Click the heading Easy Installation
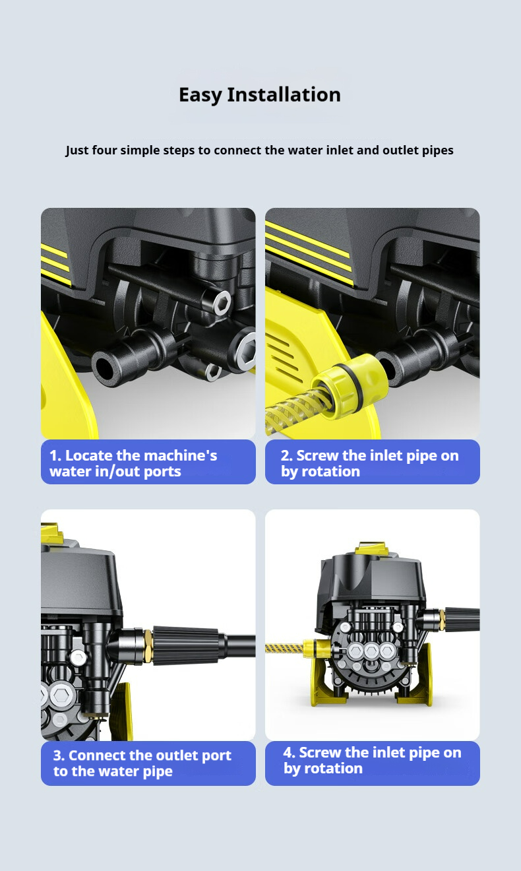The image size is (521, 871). click(260, 95)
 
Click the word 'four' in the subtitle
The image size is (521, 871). click(104, 150)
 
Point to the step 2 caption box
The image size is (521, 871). click(372, 462)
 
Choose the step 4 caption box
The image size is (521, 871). click(372, 763)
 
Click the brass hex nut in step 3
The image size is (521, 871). click(147, 646)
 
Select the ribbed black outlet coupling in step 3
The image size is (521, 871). click(186, 645)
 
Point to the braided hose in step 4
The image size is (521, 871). click(284, 648)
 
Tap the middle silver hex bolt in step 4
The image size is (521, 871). click(371, 650)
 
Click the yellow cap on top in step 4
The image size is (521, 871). click(372, 548)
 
